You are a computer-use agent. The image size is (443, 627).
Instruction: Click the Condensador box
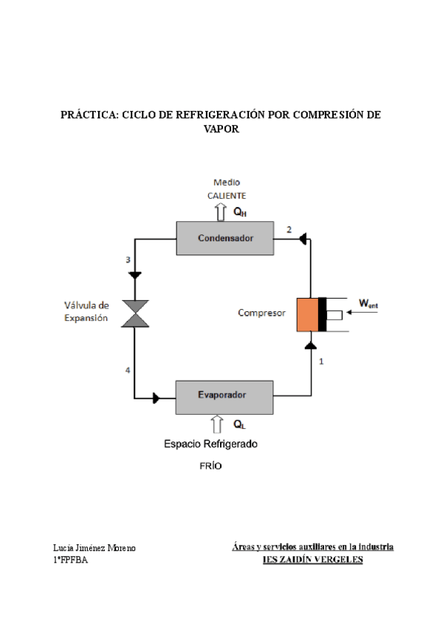[225, 238]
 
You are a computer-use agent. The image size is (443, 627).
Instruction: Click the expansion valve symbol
[135, 313]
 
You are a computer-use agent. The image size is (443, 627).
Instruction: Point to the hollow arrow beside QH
[220, 212]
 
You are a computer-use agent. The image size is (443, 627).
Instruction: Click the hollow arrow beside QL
[217, 424]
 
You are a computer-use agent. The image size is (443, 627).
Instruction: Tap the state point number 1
[321, 362]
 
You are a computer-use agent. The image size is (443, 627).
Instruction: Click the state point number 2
[289, 229]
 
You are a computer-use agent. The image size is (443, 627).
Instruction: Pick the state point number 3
[128, 260]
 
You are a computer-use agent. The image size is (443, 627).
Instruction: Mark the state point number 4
[128, 370]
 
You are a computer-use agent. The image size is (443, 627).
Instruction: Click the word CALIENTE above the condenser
[227, 195]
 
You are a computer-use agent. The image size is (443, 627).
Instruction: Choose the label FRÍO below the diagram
[210, 467]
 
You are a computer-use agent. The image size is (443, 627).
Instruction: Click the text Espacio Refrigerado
[210, 444]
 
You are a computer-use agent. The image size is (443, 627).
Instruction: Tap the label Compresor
[261, 313]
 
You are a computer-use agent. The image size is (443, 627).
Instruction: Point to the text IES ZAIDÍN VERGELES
[313, 560]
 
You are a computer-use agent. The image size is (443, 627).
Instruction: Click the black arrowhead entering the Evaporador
[157, 399]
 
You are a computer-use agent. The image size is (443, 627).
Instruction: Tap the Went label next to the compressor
[368, 302]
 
